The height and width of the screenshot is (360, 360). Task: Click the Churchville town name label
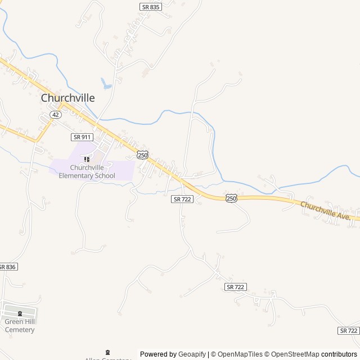[x=67, y=98]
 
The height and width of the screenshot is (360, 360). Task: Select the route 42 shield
[x=55, y=114]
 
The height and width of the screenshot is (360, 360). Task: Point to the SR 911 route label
[x=82, y=137]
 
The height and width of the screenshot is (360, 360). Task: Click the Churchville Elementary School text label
[x=92, y=171]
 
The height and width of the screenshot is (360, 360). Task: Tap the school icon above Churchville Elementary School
[x=87, y=159]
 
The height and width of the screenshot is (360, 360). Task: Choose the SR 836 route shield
[x=7, y=267]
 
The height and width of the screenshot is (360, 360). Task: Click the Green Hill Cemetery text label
[x=20, y=326]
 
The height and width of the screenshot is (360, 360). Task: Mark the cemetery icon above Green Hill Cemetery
[x=20, y=314]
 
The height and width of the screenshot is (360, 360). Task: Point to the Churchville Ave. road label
[x=326, y=210]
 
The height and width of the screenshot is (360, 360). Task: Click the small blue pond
[x=106, y=84]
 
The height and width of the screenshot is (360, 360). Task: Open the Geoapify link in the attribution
[x=192, y=354]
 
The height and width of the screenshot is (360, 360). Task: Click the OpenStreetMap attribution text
[x=295, y=354]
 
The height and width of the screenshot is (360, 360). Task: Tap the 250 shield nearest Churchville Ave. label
[x=231, y=199]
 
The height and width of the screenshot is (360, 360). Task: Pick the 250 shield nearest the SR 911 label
[x=142, y=155]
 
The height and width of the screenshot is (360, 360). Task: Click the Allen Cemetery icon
[x=107, y=352]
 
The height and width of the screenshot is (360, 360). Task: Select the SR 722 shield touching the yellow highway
[x=182, y=199]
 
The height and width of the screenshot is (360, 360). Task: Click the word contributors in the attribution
[x=340, y=354]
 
